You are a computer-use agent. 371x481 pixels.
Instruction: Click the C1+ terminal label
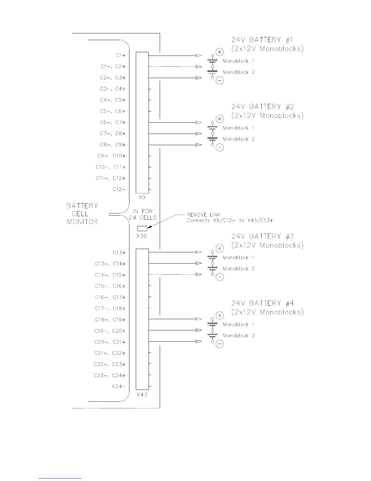[121, 55]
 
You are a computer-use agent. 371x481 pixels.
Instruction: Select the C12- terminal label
[119, 189]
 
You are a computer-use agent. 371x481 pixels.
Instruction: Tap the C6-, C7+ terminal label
[113, 122]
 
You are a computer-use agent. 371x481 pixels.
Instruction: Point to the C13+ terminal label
[119, 253]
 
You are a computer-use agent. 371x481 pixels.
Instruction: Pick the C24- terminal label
[119, 387]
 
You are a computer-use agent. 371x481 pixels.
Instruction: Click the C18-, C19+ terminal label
[110, 320]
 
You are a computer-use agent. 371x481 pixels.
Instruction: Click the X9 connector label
[142, 197]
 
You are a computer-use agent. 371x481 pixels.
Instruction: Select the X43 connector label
[142, 395]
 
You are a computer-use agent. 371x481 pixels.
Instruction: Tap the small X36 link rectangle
[142, 228]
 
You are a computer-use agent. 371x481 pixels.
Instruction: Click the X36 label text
[141, 236]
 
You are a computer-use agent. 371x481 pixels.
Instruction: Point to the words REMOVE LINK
[203, 215]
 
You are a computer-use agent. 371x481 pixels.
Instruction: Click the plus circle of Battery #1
[219, 52]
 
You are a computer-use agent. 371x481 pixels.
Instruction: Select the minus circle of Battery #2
[219, 148]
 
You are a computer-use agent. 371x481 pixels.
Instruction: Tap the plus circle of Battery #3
[219, 249]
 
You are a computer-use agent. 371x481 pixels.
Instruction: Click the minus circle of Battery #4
[219, 344]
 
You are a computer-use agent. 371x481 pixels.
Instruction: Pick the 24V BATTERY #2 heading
[262, 107]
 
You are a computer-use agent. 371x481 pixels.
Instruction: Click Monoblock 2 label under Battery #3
[239, 269]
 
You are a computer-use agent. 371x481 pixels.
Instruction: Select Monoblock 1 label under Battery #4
[238, 324]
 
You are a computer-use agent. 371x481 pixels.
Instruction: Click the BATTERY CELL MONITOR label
[82, 214]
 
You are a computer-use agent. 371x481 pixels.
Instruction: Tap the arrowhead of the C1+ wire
[199, 56]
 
